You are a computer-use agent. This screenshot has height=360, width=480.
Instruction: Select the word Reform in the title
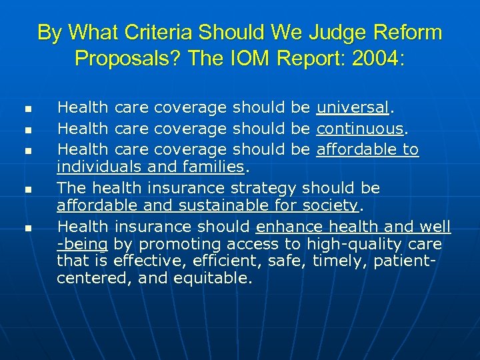tap(413, 32)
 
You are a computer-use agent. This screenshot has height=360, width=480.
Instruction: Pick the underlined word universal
tap(353, 107)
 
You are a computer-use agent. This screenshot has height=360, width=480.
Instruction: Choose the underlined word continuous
tap(360, 129)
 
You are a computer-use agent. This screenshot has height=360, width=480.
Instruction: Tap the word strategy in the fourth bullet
tap(263, 187)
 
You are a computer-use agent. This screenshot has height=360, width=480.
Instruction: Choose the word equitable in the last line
tap(213, 279)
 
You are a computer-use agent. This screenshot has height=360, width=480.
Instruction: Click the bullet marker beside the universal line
tap(27, 108)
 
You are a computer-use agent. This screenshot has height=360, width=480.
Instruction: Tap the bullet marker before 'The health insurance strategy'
tap(27, 191)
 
